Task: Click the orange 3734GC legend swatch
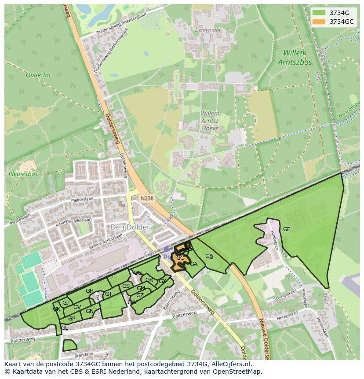(x=319, y=22)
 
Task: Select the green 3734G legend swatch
(x=319, y=13)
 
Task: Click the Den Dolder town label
(x=130, y=227)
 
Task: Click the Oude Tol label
(x=38, y=75)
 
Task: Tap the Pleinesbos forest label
(x=23, y=174)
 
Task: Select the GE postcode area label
(x=287, y=229)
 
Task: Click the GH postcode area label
(x=90, y=291)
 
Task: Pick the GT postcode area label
(x=109, y=294)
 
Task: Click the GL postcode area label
(x=65, y=328)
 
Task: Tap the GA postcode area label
(x=193, y=264)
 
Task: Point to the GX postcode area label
(x=162, y=281)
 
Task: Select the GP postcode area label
(x=72, y=319)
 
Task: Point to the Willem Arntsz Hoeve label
(x=210, y=121)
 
